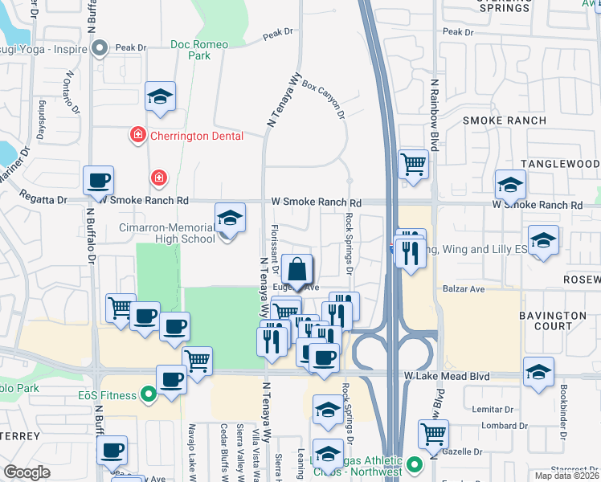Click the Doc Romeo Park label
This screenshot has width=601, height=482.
coord(190,50)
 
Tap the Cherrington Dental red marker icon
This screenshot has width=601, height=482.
coord(138,135)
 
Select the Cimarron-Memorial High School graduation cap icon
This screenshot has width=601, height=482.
coord(230,219)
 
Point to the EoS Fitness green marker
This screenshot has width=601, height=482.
coord(148,394)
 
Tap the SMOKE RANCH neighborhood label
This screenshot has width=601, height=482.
coord(505,120)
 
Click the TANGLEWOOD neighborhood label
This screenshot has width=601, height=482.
coord(560,164)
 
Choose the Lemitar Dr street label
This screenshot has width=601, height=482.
coord(494,410)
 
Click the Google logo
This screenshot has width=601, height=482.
coord(27,472)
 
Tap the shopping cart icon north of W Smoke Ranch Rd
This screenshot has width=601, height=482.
coord(413,164)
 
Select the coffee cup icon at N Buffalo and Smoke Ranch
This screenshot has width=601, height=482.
coord(98,181)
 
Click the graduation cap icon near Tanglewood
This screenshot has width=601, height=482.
coord(510,186)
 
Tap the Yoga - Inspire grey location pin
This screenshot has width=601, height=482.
coord(100,49)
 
